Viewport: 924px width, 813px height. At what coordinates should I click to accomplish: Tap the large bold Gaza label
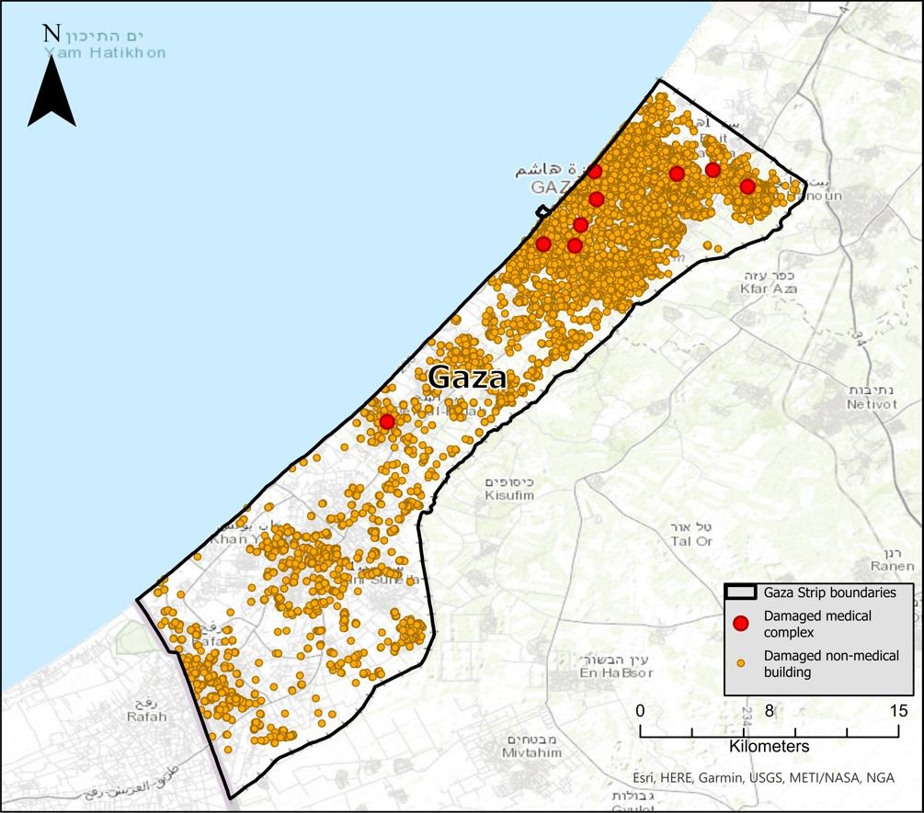coord(467,378)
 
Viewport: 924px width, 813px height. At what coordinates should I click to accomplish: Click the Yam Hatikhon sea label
coord(105,52)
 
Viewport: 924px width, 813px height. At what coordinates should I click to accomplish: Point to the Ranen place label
coord(892,566)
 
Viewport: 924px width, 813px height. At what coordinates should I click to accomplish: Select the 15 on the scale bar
coord(898,711)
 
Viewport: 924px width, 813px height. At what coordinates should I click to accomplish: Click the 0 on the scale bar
coord(641,711)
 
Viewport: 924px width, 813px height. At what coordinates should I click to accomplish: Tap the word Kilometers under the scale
coord(769,747)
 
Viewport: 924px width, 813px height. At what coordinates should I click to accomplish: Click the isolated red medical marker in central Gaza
coord(387,422)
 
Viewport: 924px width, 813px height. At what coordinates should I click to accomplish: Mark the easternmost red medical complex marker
coord(747,186)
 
